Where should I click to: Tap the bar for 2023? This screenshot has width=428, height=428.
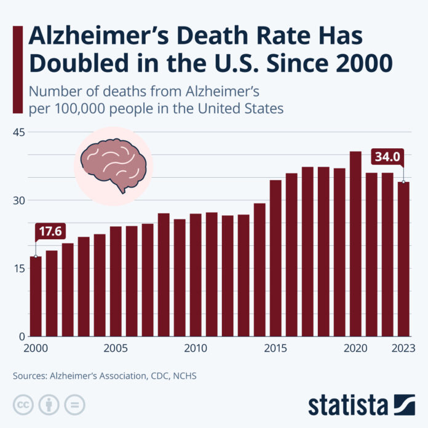coord(403,259)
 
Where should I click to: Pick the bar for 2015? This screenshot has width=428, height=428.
coord(275,258)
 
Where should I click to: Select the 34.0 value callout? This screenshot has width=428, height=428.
coord(387,157)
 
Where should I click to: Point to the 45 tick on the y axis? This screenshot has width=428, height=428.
coord(18,132)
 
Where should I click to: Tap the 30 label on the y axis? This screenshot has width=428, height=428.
coord(18,200)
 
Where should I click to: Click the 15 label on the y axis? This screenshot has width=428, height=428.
coord(18,269)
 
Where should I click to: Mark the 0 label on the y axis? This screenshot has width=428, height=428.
coord(21,337)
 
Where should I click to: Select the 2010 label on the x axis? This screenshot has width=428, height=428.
coord(196,349)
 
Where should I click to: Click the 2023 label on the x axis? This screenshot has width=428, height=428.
coord(403,349)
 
